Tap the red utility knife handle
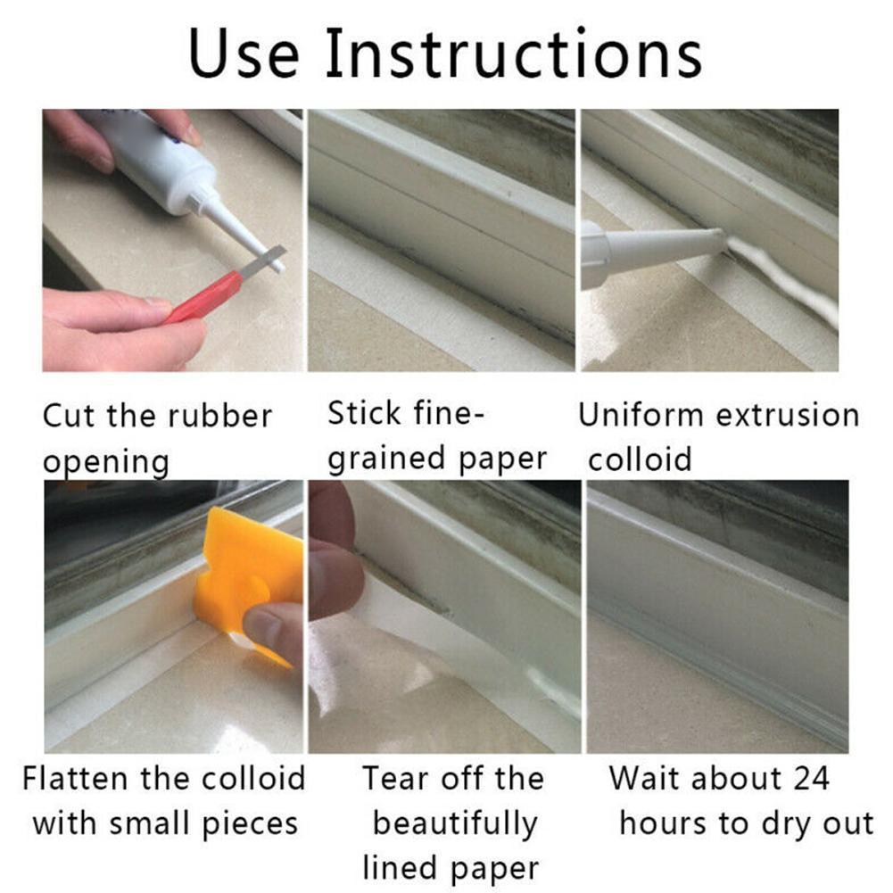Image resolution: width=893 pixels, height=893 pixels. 203,296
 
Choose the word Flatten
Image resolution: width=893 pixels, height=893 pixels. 77,778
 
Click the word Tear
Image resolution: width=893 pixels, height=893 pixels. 398,778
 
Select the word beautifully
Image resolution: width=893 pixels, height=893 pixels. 455,823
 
